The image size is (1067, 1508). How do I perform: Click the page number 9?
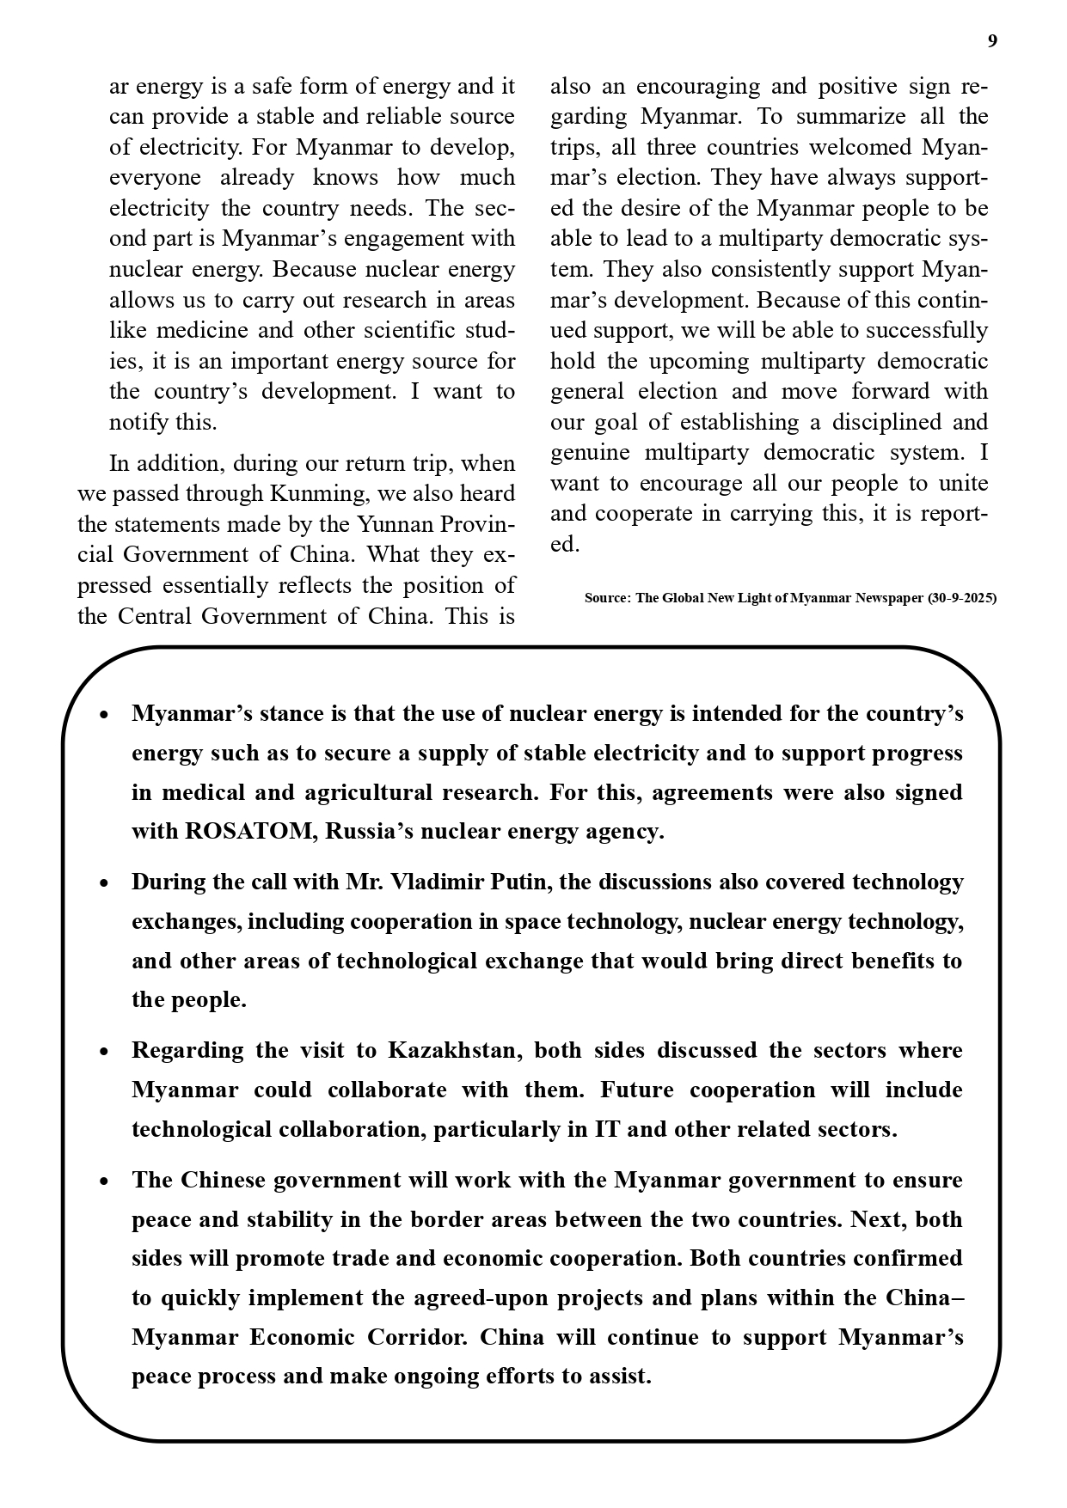click(992, 41)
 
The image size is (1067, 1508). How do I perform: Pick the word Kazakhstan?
click(453, 1051)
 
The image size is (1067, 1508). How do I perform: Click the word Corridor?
click(417, 1338)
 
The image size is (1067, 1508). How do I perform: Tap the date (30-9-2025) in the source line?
click(962, 598)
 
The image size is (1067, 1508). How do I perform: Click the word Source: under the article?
click(608, 598)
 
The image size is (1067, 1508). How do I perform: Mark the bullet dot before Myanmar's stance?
click(104, 715)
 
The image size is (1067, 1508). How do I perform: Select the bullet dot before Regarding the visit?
click(104, 1052)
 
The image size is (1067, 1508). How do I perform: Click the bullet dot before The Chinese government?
click(104, 1181)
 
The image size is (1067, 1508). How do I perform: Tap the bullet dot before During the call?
click(104, 883)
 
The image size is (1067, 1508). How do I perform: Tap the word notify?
click(139, 423)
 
